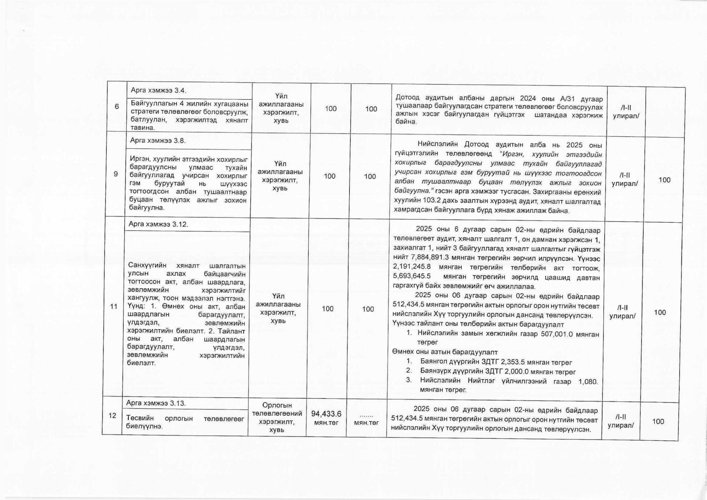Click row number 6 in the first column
coord(117,107)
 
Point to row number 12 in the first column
coord(112,416)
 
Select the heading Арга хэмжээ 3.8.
coord(158,141)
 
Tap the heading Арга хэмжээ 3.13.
coord(156,403)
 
